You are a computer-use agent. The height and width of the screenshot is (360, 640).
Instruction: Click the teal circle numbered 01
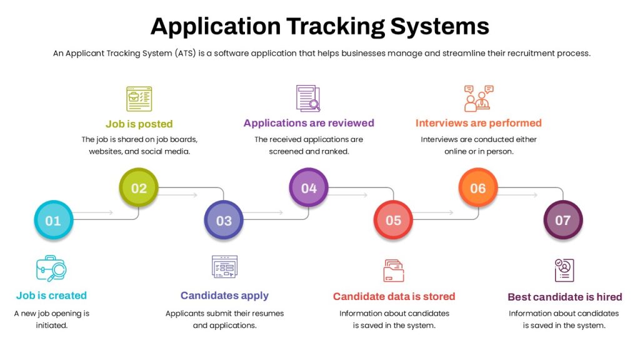54,220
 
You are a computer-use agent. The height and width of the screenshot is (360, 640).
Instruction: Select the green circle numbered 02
139,187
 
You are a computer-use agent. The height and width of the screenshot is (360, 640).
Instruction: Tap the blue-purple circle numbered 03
224,220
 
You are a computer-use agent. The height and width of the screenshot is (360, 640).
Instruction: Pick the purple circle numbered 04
309,187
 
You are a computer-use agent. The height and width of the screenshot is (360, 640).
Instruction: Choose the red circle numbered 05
394,220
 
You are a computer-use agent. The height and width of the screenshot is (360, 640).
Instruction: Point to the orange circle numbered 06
478,187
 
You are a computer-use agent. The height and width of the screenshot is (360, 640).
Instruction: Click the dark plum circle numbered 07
563,220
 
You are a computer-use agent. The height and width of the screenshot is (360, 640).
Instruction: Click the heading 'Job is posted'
139,124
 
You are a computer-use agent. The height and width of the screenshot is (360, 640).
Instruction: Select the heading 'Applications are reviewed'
309,123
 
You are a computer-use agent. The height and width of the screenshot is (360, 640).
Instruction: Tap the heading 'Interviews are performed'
479,123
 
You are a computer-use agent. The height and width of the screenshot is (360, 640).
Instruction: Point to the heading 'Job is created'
51,295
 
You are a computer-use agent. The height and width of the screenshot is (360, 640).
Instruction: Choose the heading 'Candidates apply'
224,296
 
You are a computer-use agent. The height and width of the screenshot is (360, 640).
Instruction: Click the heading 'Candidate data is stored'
394,296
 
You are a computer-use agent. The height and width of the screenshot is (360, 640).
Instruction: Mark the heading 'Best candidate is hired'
565,297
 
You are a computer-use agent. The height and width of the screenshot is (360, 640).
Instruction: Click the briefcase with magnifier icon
51,269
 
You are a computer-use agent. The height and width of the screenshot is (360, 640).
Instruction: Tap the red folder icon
394,271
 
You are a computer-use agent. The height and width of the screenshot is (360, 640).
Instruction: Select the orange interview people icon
479,98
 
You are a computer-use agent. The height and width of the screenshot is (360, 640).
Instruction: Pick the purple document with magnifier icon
308,98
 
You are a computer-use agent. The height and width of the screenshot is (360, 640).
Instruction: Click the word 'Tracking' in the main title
336,27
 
